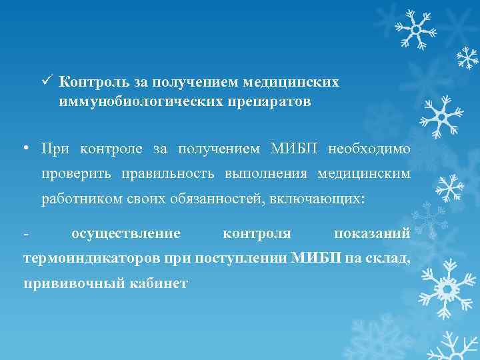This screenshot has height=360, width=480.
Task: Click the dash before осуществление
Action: click(x=25, y=234)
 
